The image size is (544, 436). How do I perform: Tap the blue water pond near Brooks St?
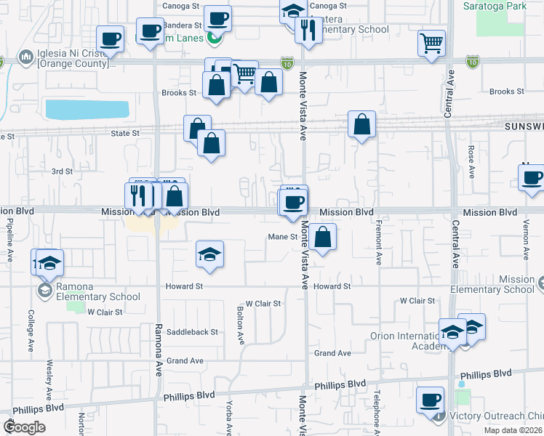(x=87, y=109)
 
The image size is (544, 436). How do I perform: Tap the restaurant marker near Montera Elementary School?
(x=308, y=30)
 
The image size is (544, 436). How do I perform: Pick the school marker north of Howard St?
(x=209, y=254)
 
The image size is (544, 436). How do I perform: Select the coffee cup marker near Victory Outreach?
(x=430, y=400)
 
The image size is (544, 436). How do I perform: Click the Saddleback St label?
(x=192, y=332)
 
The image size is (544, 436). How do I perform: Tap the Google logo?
(x=23, y=427)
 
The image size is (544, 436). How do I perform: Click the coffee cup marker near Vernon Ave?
(x=532, y=177)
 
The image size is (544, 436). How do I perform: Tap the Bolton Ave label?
(x=239, y=324)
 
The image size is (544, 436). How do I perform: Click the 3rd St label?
(x=62, y=171)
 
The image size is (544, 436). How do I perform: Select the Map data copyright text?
(x=513, y=430)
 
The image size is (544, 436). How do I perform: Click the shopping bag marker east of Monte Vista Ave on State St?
(x=361, y=125)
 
